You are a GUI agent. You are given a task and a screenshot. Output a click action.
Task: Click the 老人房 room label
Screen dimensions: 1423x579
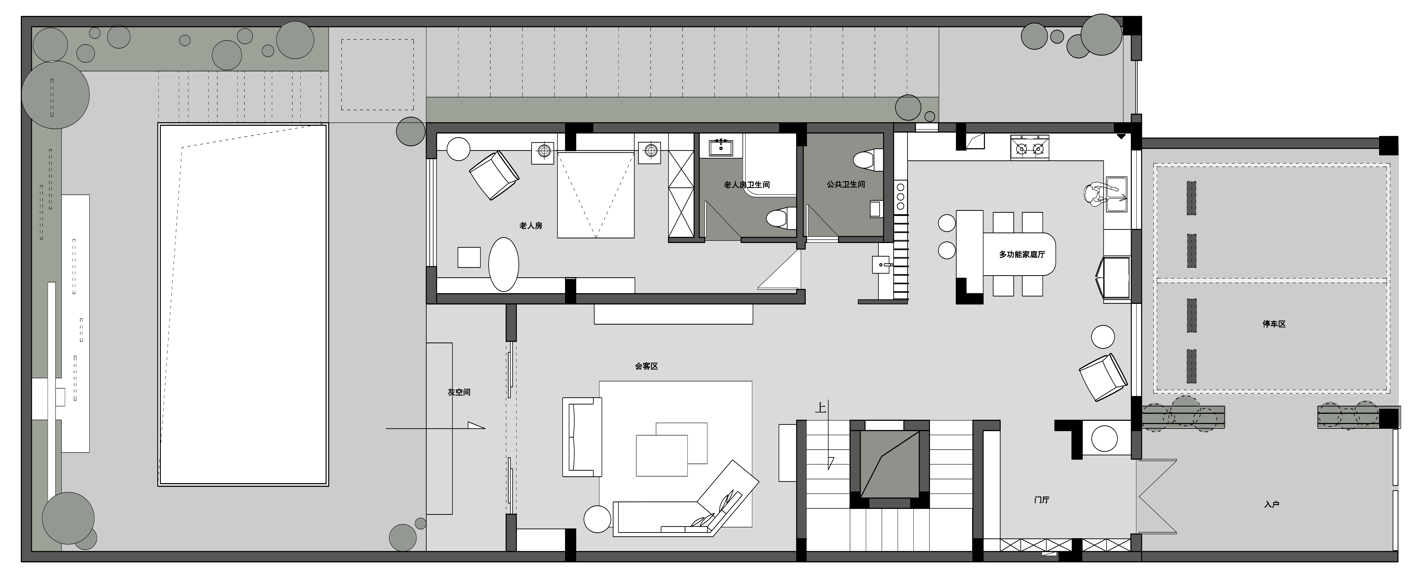531,226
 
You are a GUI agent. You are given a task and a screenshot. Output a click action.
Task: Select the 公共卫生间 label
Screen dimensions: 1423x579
846,184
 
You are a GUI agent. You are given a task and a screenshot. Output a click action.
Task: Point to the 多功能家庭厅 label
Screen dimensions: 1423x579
1022,254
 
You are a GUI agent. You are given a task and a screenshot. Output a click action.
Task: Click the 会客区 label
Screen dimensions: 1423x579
646,366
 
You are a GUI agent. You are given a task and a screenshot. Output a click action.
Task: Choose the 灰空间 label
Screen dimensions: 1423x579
459,392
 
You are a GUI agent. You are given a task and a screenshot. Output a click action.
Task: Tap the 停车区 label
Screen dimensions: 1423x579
1274,324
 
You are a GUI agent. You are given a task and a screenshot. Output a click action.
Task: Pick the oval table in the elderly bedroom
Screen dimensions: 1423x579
504,264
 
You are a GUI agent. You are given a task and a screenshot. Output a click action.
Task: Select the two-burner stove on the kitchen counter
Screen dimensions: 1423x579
1030,147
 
